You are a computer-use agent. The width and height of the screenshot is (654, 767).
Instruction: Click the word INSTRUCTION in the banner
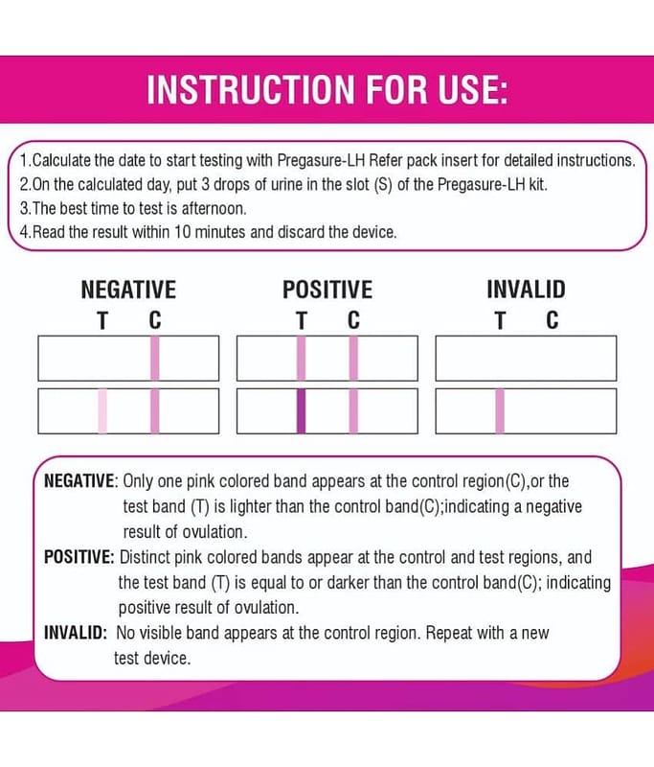point(251,89)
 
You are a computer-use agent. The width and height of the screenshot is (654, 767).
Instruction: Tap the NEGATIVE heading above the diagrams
point(128,290)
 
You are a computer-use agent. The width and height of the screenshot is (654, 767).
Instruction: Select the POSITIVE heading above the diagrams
point(327,290)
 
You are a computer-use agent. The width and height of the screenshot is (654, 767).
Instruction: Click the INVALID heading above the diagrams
point(526,290)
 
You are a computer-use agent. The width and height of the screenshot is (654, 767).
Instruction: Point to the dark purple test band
point(302,411)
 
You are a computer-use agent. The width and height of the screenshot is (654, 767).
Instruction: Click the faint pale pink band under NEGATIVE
point(102,411)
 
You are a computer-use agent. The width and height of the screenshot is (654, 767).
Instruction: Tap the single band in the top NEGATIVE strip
point(155,358)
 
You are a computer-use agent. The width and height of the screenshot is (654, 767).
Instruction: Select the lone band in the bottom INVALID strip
point(500,411)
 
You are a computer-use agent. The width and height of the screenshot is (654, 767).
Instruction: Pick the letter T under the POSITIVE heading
point(302,321)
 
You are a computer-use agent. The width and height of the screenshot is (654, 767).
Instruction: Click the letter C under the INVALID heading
point(553,321)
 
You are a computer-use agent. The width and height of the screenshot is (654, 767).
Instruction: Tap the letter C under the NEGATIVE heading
point(155,321)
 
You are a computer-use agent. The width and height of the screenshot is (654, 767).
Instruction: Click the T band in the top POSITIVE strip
point(302,358)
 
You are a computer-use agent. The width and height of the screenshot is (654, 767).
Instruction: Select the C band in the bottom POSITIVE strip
point(353,411)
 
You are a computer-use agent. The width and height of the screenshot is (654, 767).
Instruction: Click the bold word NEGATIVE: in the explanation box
point(80,481)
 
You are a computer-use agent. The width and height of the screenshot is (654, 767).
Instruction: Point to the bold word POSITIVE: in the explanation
point(79,557)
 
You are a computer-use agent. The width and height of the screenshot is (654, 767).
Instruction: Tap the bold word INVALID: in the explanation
point(76,633)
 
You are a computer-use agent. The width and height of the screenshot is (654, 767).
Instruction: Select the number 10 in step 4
point(182,232)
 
